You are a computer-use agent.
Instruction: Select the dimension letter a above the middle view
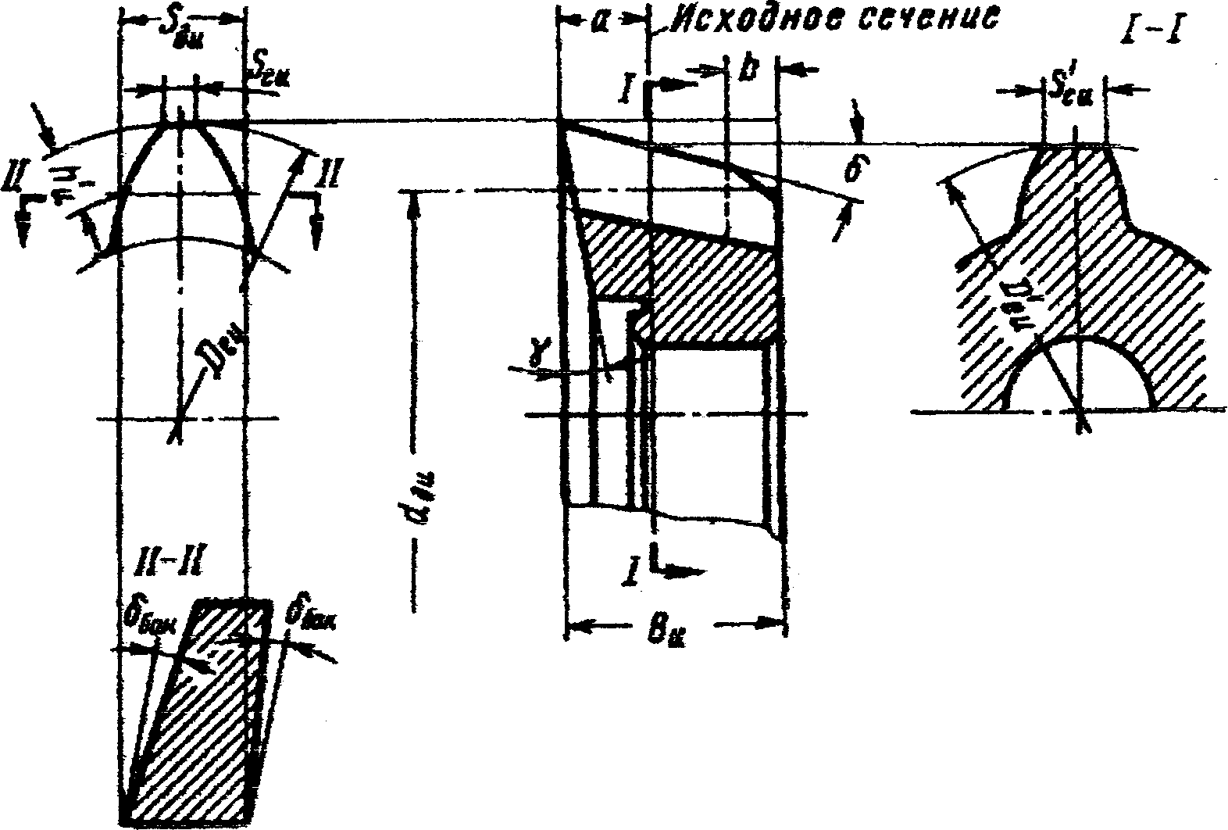600,23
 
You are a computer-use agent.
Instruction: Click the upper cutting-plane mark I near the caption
627,88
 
